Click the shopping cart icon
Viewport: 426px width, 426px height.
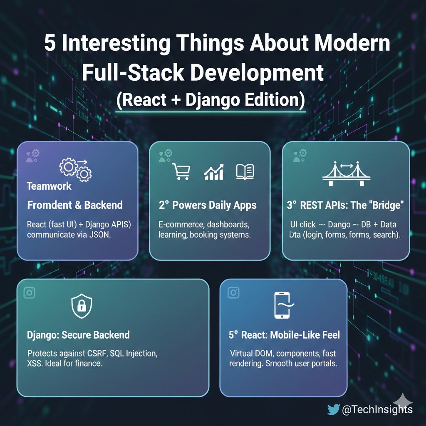[x=181, y=171]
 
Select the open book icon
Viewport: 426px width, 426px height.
[x=245, y=171]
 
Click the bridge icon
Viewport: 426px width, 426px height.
[x=346, y=174]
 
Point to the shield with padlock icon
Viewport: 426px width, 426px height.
[x=82, y=307]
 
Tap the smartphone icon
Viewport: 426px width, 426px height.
[x=282, y=305]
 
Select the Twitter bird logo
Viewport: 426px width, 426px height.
[x=333, y=409]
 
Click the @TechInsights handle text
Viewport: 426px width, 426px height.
[x=377, y=409]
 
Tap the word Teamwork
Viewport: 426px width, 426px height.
[x=49, y=186]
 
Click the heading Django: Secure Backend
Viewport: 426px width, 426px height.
[x=78, y=335]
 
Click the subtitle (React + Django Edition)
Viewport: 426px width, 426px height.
[x=211, y=100]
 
